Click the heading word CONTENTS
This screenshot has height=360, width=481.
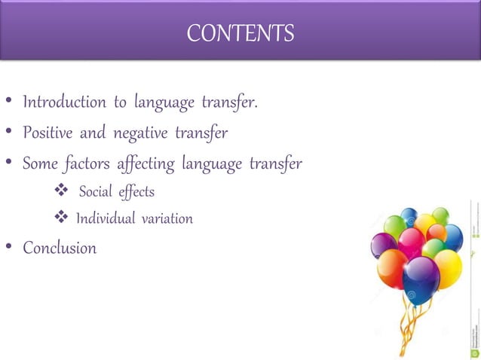[x=240, y=33]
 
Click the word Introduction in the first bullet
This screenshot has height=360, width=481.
[x=64, y=102]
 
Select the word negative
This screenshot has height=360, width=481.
[x=141, y=133]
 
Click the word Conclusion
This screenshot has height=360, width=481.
[x=60, y=248]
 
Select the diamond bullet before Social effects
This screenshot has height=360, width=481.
[x=62, y=192]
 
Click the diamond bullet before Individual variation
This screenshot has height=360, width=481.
[x=62, y=219]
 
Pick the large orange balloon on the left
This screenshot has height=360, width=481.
[x=391, y=267]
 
